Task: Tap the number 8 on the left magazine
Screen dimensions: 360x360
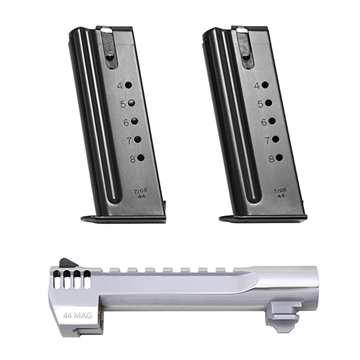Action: [x=125, y=157]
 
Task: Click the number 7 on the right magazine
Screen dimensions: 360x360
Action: [x=260, y=140]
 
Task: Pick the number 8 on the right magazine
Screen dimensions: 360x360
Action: [x=261, y=157]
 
